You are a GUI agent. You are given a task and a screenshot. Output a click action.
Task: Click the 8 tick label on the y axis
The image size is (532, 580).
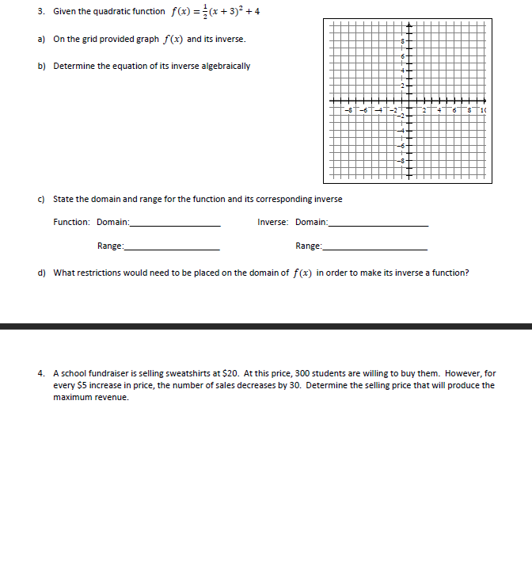[x=402, y=42]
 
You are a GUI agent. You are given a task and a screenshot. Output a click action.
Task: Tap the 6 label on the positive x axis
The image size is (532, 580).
[x=455, y=110]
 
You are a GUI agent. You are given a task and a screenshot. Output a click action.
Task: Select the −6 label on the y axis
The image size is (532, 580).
[x=401, y=145]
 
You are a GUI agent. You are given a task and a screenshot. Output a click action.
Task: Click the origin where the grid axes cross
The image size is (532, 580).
[x=408, y=101]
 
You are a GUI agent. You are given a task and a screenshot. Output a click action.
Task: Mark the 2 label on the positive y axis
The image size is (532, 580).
[x=402, y=86]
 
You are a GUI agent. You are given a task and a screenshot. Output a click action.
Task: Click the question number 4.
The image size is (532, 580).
[x=40, y=373]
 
